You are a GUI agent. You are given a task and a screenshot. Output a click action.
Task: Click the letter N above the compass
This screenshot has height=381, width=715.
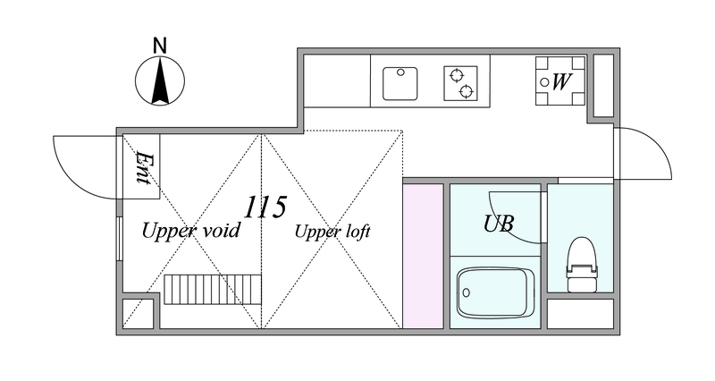tap(160, 46)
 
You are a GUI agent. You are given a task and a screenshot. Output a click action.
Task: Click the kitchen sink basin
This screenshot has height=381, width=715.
tap(400, 83)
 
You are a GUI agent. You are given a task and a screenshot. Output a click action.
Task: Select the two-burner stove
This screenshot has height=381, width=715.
tap(460, 83)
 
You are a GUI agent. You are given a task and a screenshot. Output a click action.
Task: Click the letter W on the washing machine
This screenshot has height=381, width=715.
tap(561, 82)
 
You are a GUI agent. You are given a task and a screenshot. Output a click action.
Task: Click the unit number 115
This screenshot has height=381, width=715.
tap(265, 207)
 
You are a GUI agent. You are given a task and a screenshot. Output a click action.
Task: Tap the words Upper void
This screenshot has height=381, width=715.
tap(190, 231)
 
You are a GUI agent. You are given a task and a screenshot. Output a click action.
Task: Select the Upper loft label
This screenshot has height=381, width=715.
tap(332, 232)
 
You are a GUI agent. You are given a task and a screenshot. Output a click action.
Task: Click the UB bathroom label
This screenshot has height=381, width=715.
tap(499, 224)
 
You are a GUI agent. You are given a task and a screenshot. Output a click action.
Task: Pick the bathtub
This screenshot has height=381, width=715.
tap(496, 293)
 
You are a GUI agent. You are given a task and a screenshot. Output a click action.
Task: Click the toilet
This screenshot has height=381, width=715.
tap(582, 265)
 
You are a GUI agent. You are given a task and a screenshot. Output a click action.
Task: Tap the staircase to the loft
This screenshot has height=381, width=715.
tap(213, 289)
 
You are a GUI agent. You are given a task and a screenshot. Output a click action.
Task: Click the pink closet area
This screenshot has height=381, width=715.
tap(423, 256)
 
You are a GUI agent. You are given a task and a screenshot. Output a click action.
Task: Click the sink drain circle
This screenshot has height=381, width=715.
tap(400, 72)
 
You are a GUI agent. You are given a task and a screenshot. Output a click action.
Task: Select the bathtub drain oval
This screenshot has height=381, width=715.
tap(466, 292)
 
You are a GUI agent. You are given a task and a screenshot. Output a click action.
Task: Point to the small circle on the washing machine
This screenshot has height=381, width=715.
tap(544, 82)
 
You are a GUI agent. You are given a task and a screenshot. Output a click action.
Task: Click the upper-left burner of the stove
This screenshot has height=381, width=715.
tap(455, 75)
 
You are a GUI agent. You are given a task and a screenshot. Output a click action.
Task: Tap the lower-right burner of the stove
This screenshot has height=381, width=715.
tap(467, 91)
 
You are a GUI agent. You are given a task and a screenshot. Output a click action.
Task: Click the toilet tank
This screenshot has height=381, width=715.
tap(582, 270)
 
